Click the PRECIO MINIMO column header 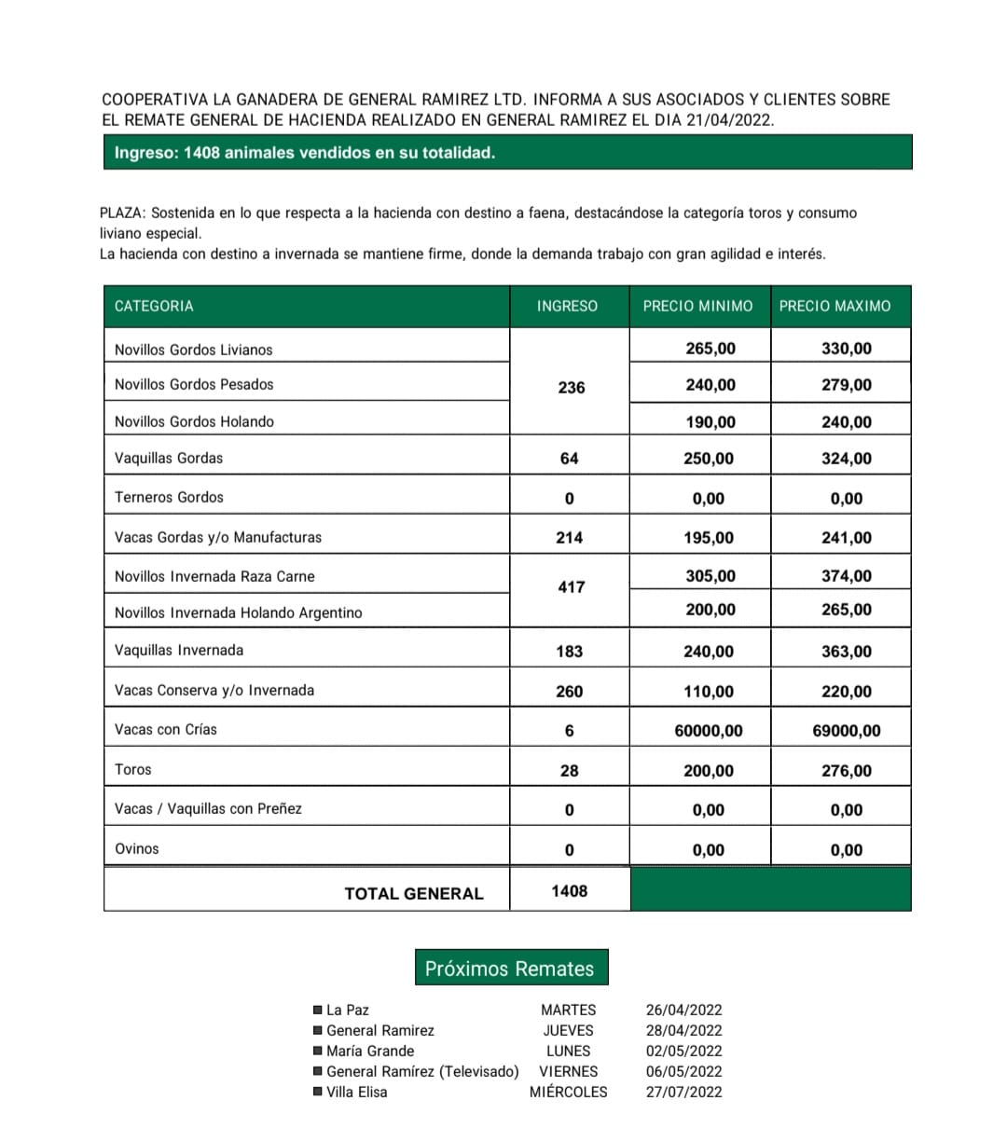(x=697, y=306)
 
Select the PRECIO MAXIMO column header (x=835, y=306)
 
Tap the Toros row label (x=132, y=769)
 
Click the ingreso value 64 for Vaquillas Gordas (x=569, y=459)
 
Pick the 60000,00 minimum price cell (x=709, y=731)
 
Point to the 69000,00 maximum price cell (x=847, y=731)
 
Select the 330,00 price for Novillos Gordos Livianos (x=847, y=349)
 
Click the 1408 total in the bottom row (x=569, y=891)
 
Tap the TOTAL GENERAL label (x=414, y=893)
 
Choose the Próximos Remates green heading (x=509, y=969)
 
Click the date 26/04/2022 (x=683, y=1010)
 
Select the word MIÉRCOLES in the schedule (x=568, y=1092)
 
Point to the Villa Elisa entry (x=356, y=1092)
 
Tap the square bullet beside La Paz (x=318, y=1010)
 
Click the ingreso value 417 (x=571, y=587)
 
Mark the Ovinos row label (x=137, y=848)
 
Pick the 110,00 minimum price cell (x=709, y=692)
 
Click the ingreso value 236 (x=571, y=387)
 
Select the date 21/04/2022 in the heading (x=737, y=120)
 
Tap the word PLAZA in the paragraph (x=121, y=213)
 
